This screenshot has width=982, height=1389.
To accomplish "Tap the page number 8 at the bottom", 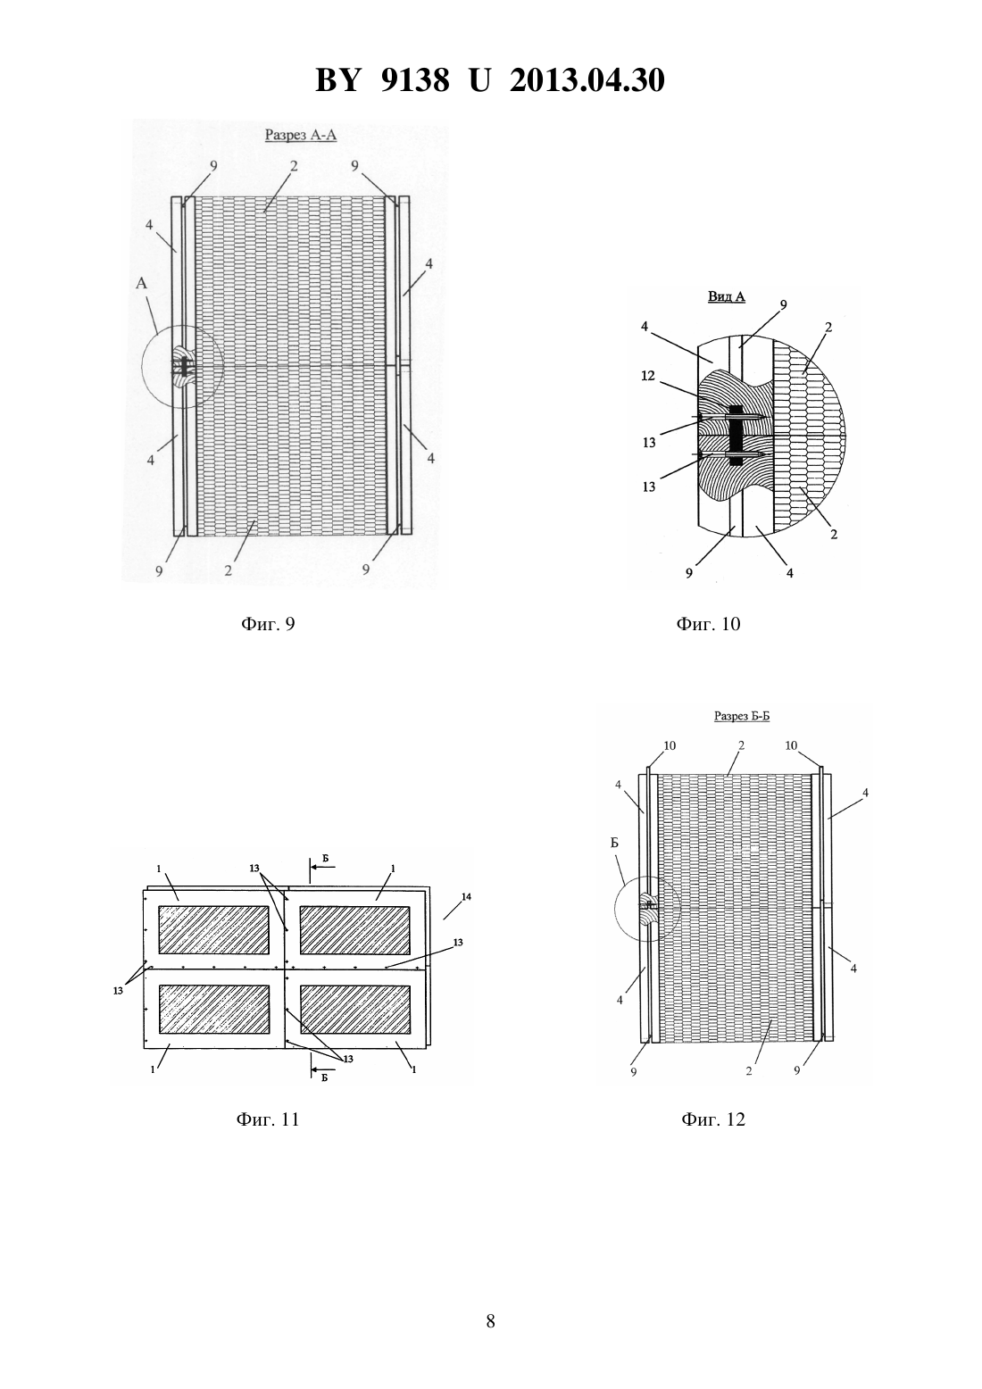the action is point(490,1321).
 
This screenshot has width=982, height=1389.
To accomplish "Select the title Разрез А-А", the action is point(301,135).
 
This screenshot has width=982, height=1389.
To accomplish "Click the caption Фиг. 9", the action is point(268,623).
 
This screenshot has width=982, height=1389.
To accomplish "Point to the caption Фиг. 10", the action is point(708,623).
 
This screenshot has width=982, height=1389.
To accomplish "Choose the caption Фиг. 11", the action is point(268,1119).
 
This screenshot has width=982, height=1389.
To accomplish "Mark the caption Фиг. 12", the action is point(713,1119).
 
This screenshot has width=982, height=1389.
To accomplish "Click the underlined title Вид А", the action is point(727,296).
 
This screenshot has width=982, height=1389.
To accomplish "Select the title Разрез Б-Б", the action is point(742,716).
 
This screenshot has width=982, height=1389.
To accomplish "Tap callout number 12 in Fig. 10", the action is point(648,376).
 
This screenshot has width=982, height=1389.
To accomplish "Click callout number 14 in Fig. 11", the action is point(466,896).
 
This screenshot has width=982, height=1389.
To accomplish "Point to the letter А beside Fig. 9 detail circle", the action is point(141,283).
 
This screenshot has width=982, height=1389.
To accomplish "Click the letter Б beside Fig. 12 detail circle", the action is point(614,843).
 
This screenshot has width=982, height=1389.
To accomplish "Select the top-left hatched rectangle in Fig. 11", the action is point(214,929).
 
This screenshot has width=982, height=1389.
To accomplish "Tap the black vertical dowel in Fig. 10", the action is point(736,436).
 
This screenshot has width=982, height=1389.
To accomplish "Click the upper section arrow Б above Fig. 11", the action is point(321,866).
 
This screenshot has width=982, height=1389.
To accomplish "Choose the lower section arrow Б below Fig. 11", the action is point(321,1071).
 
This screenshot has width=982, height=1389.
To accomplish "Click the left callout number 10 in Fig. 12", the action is point(670,745).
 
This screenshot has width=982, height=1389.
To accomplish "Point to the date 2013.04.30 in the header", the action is point(587,80).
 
